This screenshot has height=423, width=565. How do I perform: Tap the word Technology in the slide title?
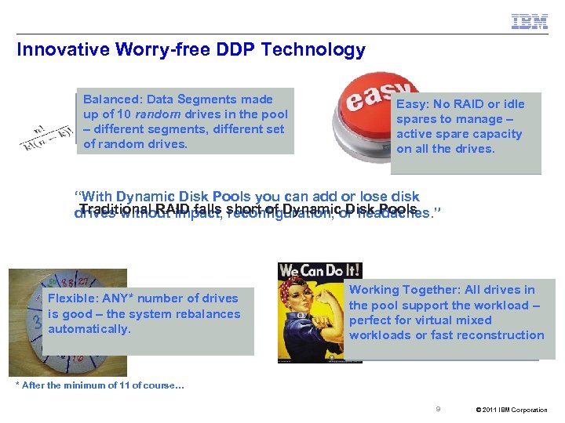(320, 50)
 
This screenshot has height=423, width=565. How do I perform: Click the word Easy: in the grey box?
(412, 104)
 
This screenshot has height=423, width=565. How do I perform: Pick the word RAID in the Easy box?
(476, 104)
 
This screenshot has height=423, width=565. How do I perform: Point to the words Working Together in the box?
(401, 290)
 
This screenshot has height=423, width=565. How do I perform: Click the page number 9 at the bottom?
(438, 409)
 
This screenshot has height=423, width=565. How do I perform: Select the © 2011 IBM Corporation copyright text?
(512, 410)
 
